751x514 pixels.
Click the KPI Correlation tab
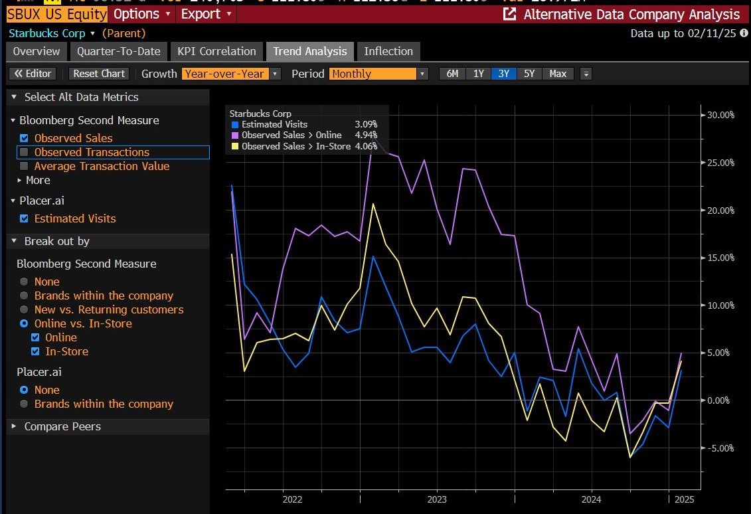(x=216, y=51)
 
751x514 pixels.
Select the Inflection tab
(x=388, y=51)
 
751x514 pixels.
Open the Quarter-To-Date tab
(x=118, y=51)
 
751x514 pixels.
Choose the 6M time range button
(x=452, y=74)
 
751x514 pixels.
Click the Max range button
(x=558, y=74)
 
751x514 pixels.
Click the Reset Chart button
(x=99, y=74)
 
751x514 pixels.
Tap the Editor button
(x=33, y=74)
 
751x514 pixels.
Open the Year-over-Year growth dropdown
(x=231, y=74)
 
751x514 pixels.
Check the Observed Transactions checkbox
(x=25, y=152)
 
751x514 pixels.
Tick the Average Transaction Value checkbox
(x=25, y=166)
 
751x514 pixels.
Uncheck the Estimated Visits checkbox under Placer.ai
(x=25, y=218)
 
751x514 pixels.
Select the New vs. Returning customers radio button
(x=25, y=309)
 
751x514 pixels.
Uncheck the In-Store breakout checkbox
(x=35, y=351)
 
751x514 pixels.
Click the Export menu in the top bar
(x=206, y=14)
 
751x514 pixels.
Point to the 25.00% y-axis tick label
(x=720, y=163)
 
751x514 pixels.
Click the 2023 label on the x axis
(x=437, y=499)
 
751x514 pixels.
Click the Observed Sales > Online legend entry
(x=291, y=135)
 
